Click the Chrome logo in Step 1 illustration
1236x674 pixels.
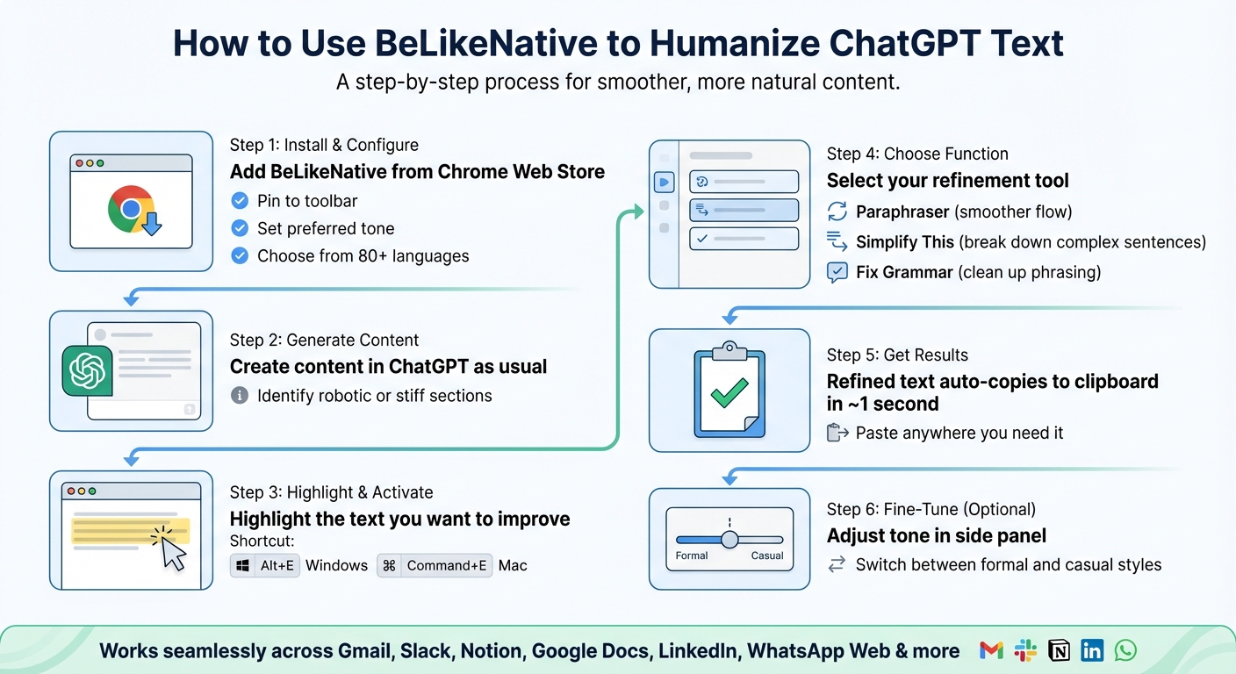[x=130, y=208]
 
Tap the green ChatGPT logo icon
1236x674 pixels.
[x=88, y=370]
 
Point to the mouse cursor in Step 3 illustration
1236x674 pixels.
[x=173, y=553]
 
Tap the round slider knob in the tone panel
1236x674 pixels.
[x=729, y=539]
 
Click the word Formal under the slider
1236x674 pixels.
[x=692, y=556]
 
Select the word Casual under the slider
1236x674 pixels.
[x=767, y=556]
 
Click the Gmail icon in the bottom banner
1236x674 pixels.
[x=991, y=650]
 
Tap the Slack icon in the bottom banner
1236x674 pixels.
[x=1025, y=650]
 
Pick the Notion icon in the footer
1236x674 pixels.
[x=1060, y=650]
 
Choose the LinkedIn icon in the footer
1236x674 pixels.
[x=1092, y=650]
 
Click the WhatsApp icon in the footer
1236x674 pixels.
[x=1125, y=650]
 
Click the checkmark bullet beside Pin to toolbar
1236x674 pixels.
[x=239, y=201]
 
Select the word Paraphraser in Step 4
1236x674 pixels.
[x=902, y=212]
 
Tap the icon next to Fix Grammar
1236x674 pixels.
[x=837, y=272]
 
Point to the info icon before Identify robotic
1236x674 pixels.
[x=239, y=396]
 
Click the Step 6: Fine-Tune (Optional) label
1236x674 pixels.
[x=931, y=509]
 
